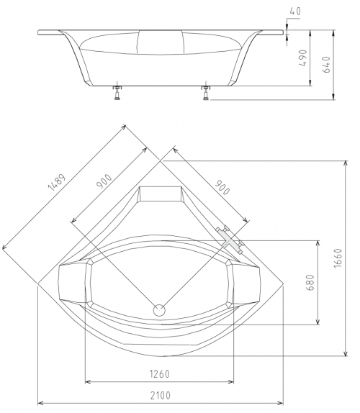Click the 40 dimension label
tap(295, 12)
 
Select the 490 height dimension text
tap(304, 58)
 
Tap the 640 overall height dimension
tap(326, 65)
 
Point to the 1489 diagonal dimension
tap(56, 182)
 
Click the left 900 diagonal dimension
tap(104, 181)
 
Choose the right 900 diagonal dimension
tap(222, 187)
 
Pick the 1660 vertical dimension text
tap(338, 258)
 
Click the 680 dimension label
tap(311, 282)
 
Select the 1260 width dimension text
tap(160, 373)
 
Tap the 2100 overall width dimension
tap(161, 395)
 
